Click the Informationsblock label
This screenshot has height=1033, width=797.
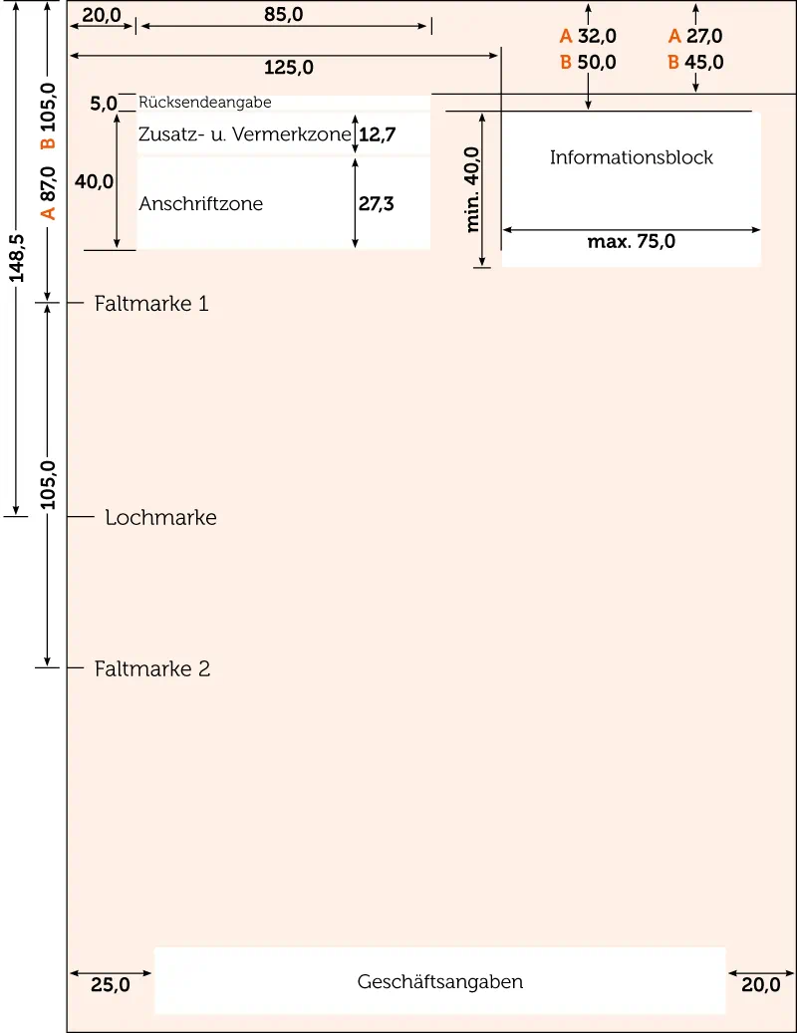tap(632, 157)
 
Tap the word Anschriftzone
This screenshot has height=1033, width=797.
tap(201, 204)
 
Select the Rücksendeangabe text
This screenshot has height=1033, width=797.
tap(205, 102)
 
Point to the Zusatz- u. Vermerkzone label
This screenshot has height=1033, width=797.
tap(246, 134)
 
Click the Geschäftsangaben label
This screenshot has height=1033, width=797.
tap(440, 982)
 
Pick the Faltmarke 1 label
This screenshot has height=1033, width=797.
tap(151, 303)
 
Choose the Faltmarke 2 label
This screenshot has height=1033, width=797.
tap(152, 668)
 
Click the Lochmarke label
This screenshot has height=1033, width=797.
tap(160, 518)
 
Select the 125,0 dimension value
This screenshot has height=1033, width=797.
tap(289, 68)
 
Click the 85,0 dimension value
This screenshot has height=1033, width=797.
tap(284, 15)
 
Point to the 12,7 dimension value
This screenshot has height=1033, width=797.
tap(377, 134)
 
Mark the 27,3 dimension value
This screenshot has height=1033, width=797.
tap(377, 204)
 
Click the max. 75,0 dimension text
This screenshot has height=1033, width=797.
tap(632, 241)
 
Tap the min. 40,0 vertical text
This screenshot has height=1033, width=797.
tap(473, 189)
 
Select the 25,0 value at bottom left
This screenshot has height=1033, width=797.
tap(110, 985)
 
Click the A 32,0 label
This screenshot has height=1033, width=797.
tap(588, 37)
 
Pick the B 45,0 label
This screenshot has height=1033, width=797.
tap(695, 63)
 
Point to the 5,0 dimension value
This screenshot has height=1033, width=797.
tap(104, 103)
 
